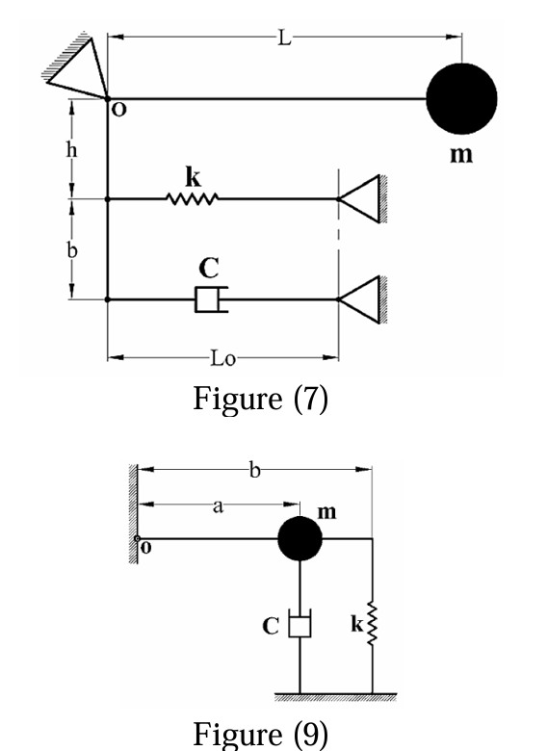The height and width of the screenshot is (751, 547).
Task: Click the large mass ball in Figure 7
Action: [x=461, y=97]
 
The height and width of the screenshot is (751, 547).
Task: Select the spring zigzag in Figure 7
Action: [x=193, y=199]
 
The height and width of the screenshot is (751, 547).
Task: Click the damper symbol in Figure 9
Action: [x=300, y=627]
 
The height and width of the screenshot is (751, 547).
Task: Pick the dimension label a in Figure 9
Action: [x=218, y=505]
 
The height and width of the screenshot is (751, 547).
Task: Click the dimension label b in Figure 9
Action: [x=254, y=471]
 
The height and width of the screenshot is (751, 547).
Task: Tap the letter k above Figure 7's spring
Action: [x=192, y=179]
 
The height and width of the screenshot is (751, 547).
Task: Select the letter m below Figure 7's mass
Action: [x=462, y=154]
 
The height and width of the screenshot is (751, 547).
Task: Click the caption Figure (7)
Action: [x=260, y=398]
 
